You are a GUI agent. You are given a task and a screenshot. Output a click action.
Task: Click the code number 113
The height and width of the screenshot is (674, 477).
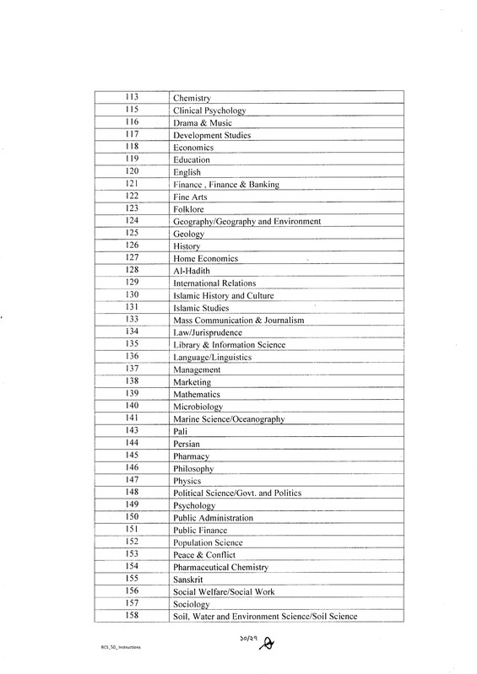131,98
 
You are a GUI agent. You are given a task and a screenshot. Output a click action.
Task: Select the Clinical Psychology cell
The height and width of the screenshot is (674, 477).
208,111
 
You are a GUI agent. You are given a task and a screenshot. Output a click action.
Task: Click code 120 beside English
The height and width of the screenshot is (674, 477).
131,172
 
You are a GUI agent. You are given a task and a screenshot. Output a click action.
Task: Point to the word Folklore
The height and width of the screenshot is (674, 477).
188,208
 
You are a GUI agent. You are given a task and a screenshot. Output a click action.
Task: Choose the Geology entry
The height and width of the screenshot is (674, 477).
187,234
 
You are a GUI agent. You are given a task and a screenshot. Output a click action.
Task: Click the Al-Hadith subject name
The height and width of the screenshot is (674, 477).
191,270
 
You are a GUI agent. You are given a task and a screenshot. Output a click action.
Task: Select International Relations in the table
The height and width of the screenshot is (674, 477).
214,283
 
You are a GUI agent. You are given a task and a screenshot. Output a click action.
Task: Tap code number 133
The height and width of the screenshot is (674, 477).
131,320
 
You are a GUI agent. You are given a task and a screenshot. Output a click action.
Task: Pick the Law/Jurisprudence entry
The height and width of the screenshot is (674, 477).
206,332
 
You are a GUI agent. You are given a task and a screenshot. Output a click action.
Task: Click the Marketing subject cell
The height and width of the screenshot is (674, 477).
192,382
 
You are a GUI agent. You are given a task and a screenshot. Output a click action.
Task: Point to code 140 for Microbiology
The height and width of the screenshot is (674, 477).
131,406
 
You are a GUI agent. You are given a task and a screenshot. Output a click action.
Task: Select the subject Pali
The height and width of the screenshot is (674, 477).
180,431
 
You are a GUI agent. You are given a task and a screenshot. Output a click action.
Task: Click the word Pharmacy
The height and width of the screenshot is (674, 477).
190,456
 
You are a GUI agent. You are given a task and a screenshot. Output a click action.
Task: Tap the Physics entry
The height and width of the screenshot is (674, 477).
187,481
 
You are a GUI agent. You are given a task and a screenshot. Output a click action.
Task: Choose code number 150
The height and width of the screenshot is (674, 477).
131,516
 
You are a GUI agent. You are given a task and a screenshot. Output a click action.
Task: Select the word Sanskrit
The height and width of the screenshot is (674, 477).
189,580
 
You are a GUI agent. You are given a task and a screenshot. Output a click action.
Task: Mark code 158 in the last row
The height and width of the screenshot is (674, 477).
131,616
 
